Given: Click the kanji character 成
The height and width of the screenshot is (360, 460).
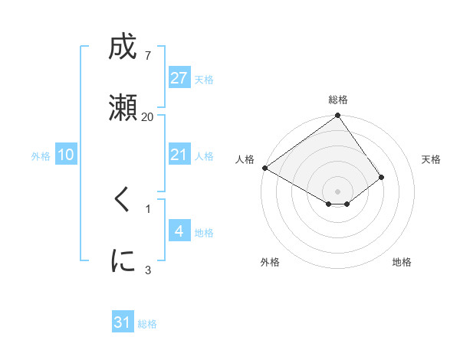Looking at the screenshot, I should (x=122, y=48).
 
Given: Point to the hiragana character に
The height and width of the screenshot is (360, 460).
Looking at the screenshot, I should (x=122, y=261).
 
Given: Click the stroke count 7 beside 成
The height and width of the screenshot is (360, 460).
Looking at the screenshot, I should (x=147, y=56).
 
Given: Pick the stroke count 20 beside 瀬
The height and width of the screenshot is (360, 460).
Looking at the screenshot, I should (x=147, y=117).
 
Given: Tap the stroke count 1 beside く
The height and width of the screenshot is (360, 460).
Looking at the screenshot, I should (x=147, y=208).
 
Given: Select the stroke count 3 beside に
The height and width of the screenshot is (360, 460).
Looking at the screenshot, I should (x=147, y=270).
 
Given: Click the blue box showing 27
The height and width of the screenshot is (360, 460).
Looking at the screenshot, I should (x=179, y=78).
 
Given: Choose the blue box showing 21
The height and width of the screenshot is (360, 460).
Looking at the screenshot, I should (x=179, y=155).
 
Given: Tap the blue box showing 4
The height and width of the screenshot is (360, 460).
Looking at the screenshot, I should (x=179, y=231).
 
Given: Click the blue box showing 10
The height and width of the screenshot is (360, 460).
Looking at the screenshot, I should (x=66, y=155).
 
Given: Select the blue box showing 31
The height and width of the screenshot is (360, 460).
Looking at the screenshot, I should (x=123, y=323).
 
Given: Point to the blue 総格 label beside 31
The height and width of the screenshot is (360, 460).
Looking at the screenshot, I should (x=147, y=324).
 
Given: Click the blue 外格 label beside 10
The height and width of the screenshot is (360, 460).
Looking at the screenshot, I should (x=40, y=155).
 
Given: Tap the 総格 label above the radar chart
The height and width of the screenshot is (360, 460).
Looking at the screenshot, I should (x=338, y=100).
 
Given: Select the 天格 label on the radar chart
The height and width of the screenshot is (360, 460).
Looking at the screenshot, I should (x=431, y=159).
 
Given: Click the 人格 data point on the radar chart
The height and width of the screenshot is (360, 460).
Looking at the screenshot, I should (x=264, y=168).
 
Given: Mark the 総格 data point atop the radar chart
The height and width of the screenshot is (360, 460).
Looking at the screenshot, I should (x=337, y=116).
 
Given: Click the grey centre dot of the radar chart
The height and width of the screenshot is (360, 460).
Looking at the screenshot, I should (x=337, y=191).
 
